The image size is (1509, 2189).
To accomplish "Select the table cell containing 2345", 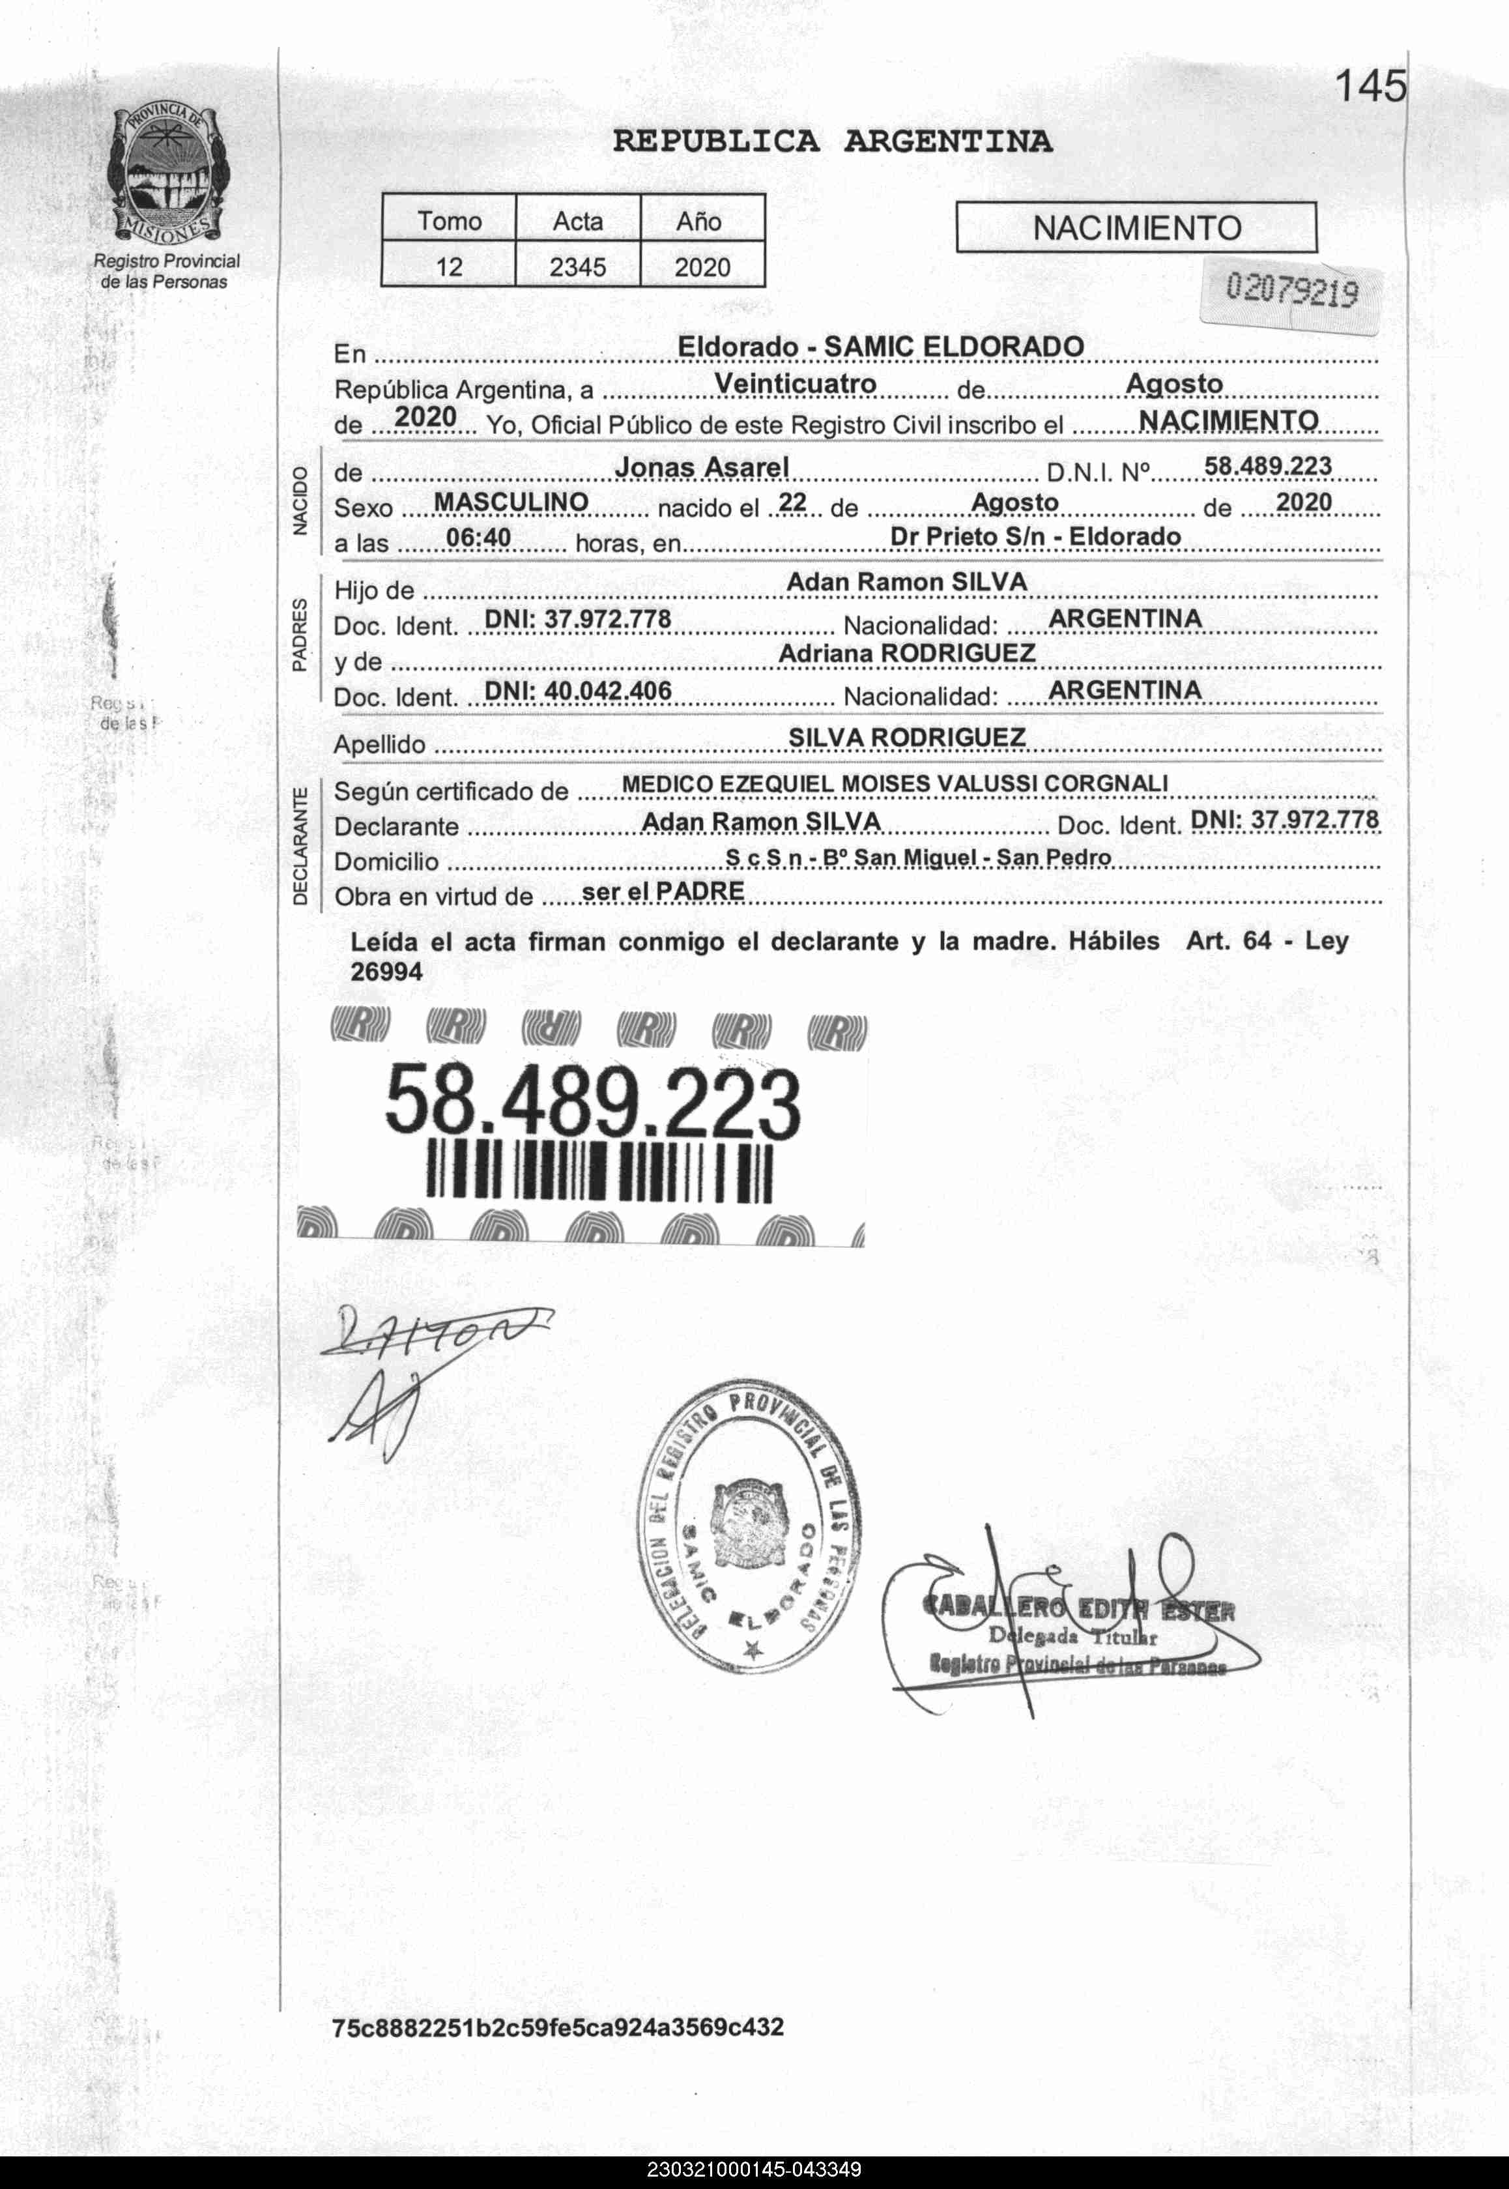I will click(x=578, y=267).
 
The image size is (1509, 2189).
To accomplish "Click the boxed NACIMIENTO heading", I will click(x=1136, y=228).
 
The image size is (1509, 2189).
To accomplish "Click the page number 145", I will click(x=1370, y=88).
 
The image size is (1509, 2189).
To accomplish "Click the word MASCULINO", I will click(x=511, y=502).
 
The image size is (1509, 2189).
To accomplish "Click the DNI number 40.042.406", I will click(x=578, y=691).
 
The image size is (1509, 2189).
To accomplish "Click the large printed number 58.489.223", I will click(x=593, y=1103).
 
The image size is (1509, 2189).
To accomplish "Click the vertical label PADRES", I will click(x=300, y=635).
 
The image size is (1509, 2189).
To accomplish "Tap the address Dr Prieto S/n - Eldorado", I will click(x=1035, y=537).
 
